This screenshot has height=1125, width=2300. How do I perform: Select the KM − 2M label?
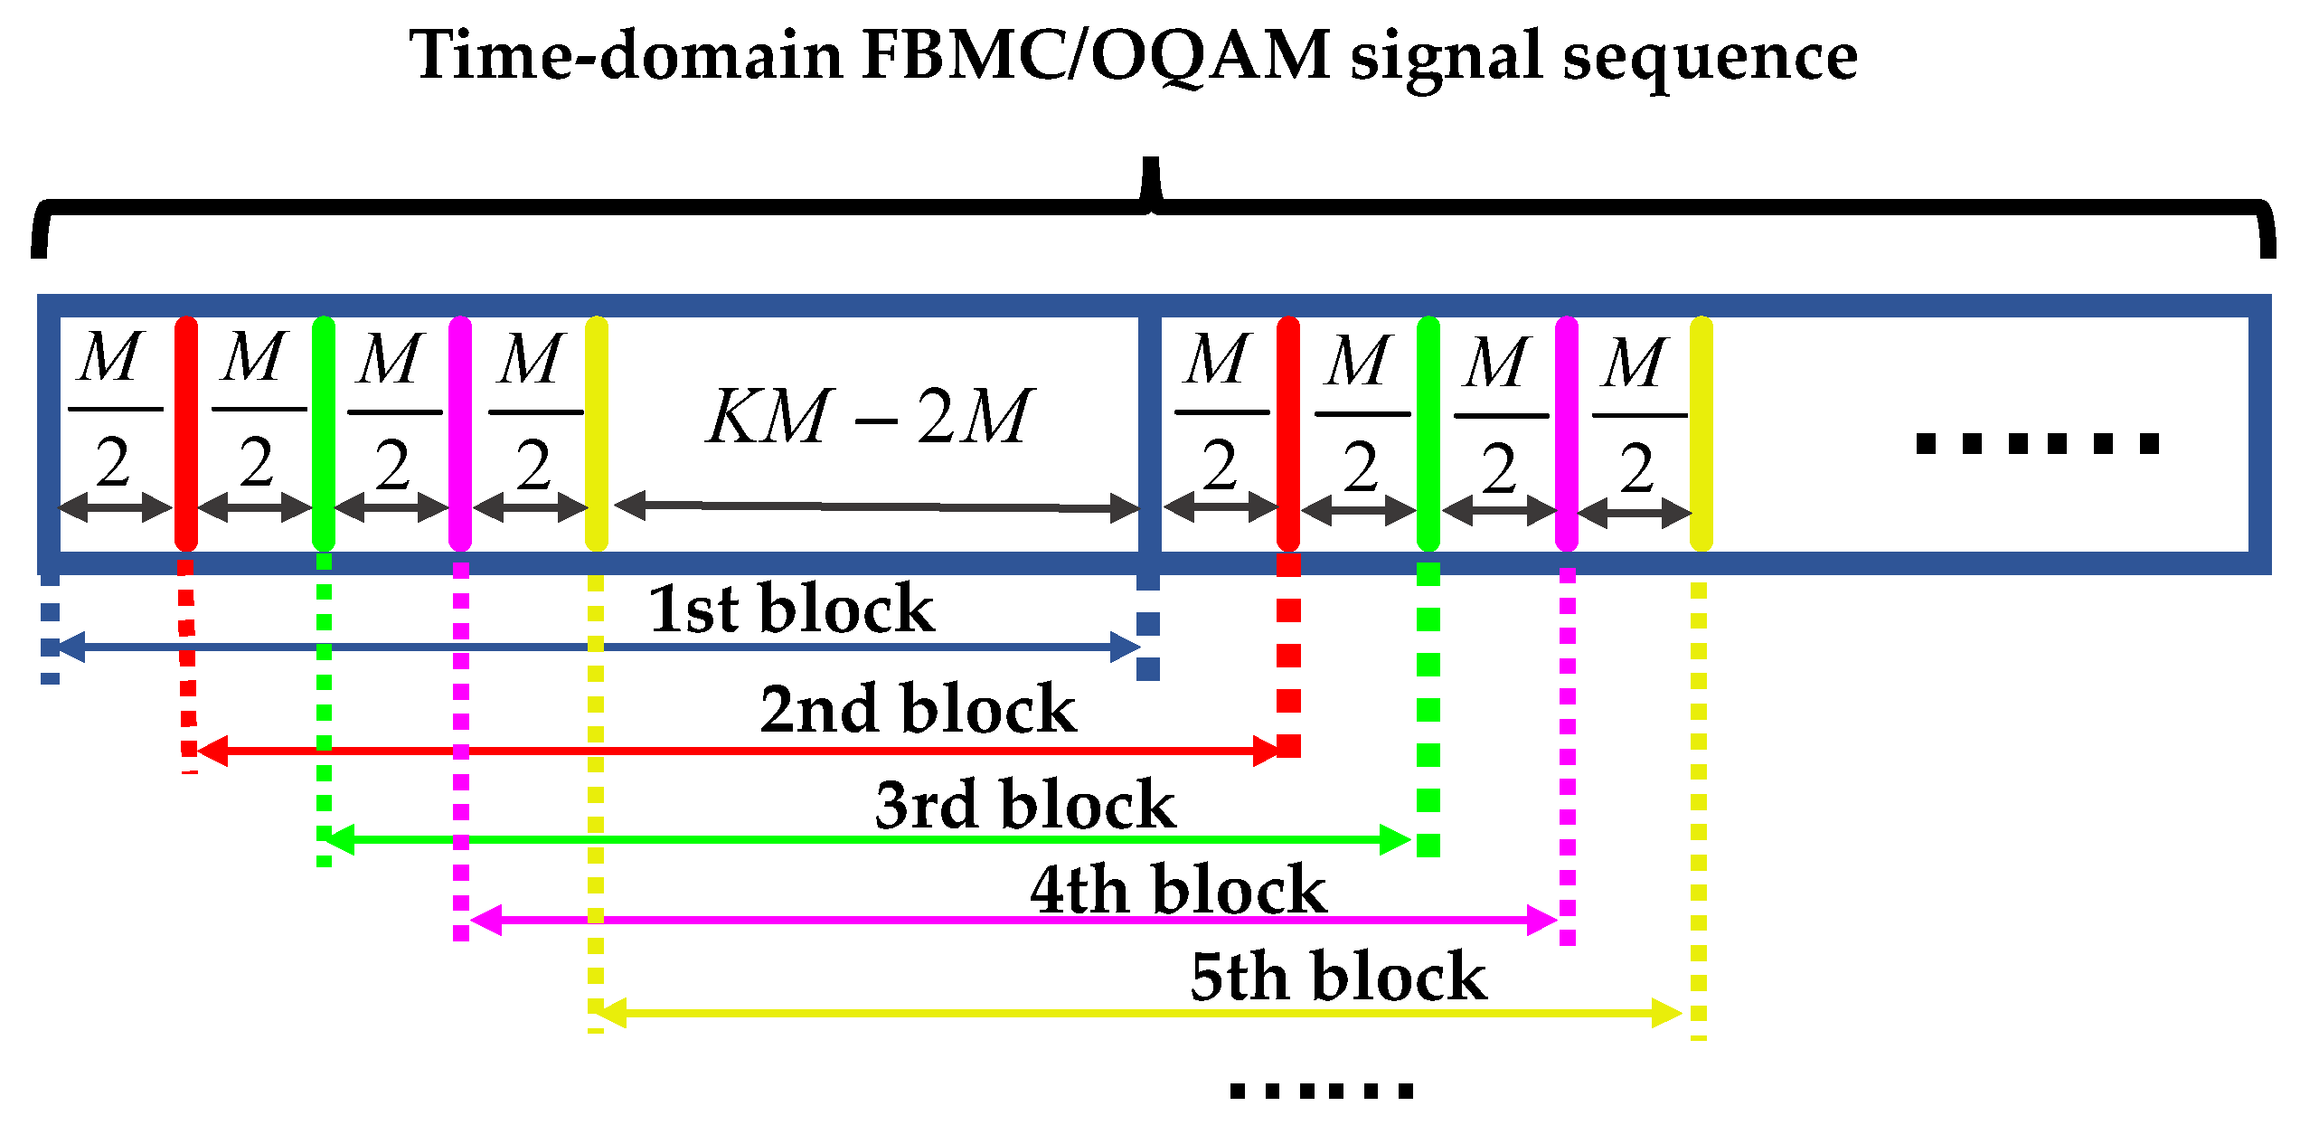(868, 416)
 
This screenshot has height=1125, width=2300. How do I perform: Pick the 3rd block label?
(1025, 804)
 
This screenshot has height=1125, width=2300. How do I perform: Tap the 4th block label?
(1178, 890)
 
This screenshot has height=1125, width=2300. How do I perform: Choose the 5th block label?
(1338, 977)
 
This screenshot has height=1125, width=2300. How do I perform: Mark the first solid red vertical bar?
(186, 434)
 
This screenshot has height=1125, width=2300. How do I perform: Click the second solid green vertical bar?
(1428, 434)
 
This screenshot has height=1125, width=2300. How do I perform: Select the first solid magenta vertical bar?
(460, 434)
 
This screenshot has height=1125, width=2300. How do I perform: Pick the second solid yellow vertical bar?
(1701, 434)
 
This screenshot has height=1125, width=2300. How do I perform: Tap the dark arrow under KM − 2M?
(877, 506)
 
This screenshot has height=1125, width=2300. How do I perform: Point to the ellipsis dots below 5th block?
(1321, 1092)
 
